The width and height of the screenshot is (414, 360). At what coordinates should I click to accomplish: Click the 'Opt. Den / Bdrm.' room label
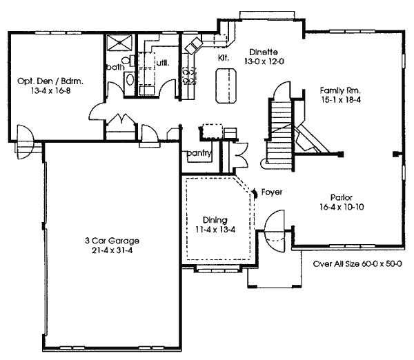pyautogui.click(x=50, y=81)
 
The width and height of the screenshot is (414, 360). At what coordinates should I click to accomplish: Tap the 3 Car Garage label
pyautogui.click(x=112, y=241)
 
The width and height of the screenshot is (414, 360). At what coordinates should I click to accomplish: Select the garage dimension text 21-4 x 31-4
pyautogui.click(x=112, y=250)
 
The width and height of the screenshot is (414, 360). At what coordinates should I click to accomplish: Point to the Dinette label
pyautogui.click(x=264, y=52)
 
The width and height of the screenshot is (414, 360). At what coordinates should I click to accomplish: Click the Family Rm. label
pyautogui.click(x=340, y=90)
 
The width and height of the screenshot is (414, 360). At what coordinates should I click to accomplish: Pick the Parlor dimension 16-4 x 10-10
pyautogui.click(x=342, y=207)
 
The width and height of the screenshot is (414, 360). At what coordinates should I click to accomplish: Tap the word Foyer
pyautogui.click(x=272, y=192)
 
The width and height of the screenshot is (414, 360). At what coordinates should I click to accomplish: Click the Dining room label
pyautogui.click(x=215, y=220)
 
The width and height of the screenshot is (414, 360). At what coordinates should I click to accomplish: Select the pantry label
pyautogui.click(x=199, y=153)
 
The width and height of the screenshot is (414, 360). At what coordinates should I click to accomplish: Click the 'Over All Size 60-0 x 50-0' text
pyautogui.click(x=357, y=263)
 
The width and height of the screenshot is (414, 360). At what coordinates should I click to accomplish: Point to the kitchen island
pyautogui.click(x=226, y=86)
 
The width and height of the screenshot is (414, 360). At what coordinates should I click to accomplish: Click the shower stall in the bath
pyautogui.click(x=119, y=42)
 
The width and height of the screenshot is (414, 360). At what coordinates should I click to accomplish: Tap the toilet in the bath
pyautogui.click(x=128, y=61)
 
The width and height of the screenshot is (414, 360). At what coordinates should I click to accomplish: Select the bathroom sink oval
pyautogui.click(x=130, y=79)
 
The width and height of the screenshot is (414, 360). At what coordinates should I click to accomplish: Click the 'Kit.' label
pyautogui.click(x=224, y=57)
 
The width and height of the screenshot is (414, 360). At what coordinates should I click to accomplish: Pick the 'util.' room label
pyautogui.click(x=163, y=63)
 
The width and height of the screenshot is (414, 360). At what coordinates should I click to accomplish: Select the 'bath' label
pyautogui.click(x=115, y=67)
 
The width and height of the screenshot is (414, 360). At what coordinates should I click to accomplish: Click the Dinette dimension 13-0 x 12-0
pyautogui.click(x=264, y=61)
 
